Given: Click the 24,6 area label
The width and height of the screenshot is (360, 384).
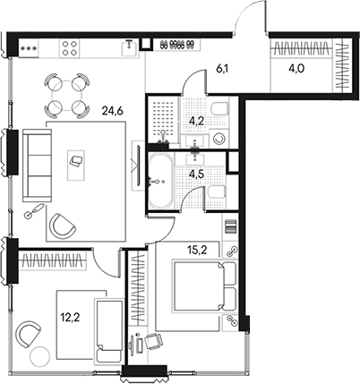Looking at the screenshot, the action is (x=113, y=111).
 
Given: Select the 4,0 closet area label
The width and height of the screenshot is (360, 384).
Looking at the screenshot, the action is (x=296, y=69).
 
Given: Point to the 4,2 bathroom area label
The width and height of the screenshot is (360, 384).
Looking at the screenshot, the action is (x=197, y=121).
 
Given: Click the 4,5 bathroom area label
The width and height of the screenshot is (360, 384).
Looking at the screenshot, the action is (x=198, y=174).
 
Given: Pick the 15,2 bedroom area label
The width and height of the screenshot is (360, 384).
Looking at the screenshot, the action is (x=198, y=250).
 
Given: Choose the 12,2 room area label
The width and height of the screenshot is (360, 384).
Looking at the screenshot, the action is (x=71, y=318).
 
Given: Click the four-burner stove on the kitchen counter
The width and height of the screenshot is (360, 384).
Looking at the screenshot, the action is (x=70, y=48).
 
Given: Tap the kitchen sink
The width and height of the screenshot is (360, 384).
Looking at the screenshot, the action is (x=130, y=48).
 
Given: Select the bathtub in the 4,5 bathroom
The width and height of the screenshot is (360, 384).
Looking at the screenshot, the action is (x=160, y=181).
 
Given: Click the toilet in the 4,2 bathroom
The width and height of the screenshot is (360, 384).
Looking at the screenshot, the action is (x=219, y=109).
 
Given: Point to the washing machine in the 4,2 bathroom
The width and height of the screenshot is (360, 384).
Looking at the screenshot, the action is (x=219, y=139).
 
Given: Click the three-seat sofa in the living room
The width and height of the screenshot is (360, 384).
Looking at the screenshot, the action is (x=37, y=166).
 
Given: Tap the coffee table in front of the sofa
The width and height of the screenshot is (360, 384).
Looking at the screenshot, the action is (x=76, y=165).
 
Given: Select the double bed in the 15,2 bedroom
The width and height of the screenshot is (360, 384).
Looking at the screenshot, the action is (x=204, y=286).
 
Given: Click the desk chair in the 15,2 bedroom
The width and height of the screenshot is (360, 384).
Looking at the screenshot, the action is (x=153, y=341).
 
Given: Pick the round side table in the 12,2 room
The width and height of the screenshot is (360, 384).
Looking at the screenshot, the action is (x=40, y=356).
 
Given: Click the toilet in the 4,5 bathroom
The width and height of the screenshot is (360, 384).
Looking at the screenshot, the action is (x=216, y=192).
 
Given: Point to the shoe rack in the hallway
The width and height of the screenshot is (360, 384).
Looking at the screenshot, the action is (x=176, y=45).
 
